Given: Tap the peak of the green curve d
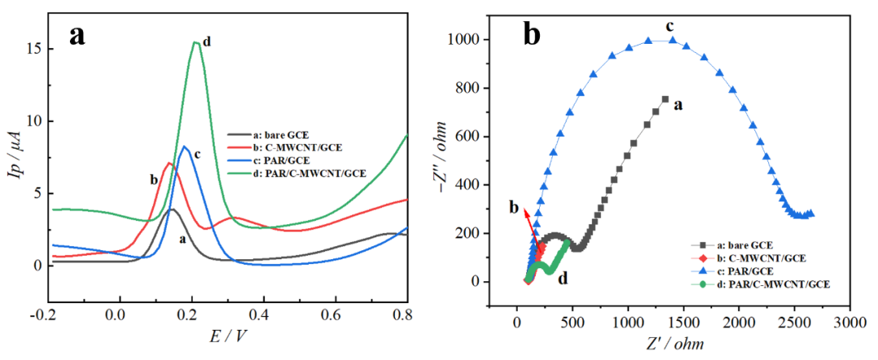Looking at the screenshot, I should click(x=196, y=42).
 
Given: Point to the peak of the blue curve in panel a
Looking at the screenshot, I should click(x=185, y=146).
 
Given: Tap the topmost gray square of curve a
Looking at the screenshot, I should click(x=665, y=99).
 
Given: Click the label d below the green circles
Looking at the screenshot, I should click(x=561, y=278).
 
